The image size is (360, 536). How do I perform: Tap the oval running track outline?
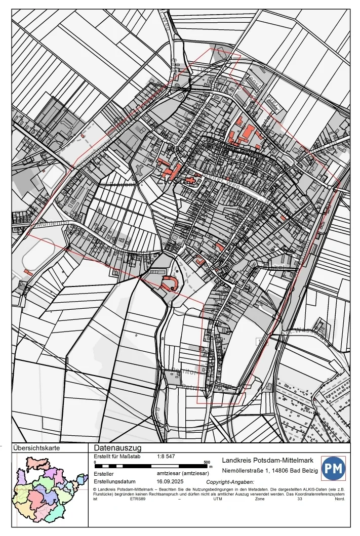(x=38, y=254)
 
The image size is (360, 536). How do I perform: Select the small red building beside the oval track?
(x=28, y=273)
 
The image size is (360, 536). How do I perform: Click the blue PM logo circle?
(x=333, y=469)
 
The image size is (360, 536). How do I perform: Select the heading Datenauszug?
(x=117, y=448)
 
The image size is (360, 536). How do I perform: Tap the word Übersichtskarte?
(x=37, y=448)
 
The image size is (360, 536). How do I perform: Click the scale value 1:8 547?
(x=167, y=457)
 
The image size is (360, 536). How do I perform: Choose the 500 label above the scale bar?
(x=207, y=462)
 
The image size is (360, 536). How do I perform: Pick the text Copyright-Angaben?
(x=230, y=483)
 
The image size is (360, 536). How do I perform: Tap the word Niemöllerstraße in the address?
(x=244, y=471)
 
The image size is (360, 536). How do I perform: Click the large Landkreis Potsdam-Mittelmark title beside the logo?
(x=268, y=461)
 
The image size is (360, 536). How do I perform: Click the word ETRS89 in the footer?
(x=138, y=499)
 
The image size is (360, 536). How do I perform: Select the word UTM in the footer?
(x=218, y=499)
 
